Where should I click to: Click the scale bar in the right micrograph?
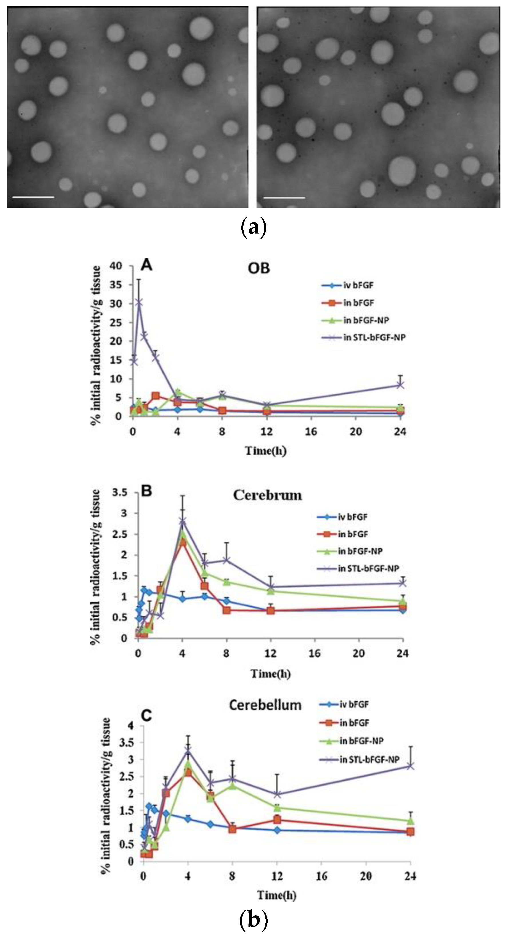pyautogui.click(x=284, y=198)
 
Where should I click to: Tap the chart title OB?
pyautogui.click(x=259, y=268)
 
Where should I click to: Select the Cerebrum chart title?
pyautogui.click(x=267, y=495)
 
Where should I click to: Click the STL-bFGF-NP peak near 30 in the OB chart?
pyautogui.click(x=139, y=303)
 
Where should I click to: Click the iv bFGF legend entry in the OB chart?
pyautogui.click(x=358, y=285)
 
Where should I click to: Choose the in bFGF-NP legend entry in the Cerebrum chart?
pyautogui.click(x=360, y=551)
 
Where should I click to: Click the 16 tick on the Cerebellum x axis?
pyautogui.click(x=321, y=877)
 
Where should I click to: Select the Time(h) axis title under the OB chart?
pyautogui.click(x=266, y=451)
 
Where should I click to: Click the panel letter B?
pyautogui.click(x=146, y=491)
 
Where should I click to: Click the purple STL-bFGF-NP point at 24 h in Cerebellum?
pyautogui.click(x=410, y=766)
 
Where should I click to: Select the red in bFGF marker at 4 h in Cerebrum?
pyautogui.click(x=182, y=543)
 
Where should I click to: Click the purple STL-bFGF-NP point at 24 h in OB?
pyautogui.click(x=400, y=385)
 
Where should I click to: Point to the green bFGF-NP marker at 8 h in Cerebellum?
pyautogui.click(x=232, y=786)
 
